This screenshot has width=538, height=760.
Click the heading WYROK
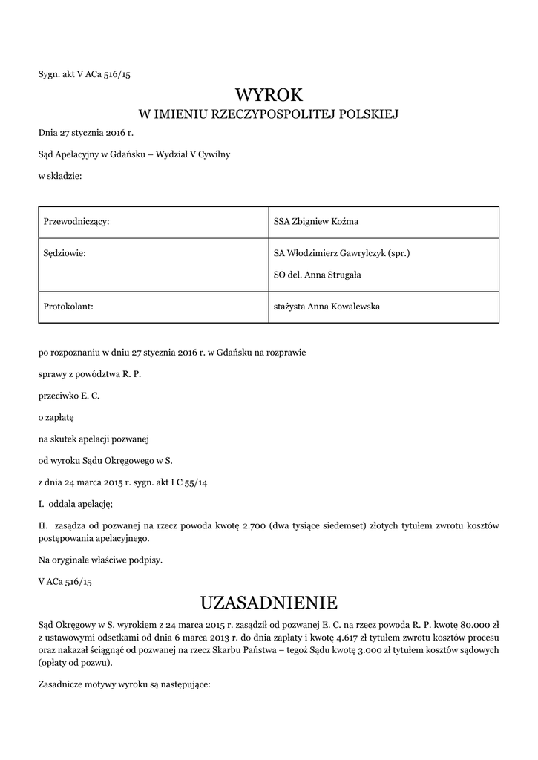[269, 94]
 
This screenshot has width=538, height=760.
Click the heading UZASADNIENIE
[269, 600]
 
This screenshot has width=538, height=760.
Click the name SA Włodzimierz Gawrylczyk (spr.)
[341, 253]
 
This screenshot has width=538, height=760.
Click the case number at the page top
[88, 73]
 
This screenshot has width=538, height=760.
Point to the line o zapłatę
[56, 418]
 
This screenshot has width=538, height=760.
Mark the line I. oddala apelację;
[75, 504]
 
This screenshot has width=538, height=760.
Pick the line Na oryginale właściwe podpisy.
[100, 560]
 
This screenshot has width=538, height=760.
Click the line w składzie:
[60, 177]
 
